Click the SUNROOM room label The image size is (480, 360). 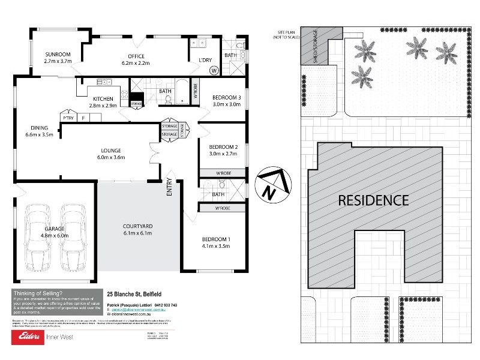point(58,54)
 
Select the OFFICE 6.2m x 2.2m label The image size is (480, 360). point(136,59)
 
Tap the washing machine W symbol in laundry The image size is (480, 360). point(214,70)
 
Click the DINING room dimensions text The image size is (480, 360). point(40,135)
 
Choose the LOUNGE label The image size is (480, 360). point(111,150)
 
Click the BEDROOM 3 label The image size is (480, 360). point(227,98)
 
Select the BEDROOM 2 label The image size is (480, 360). point(223,147)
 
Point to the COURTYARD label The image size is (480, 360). point(137,226)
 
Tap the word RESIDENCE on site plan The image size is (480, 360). point(373,200)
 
